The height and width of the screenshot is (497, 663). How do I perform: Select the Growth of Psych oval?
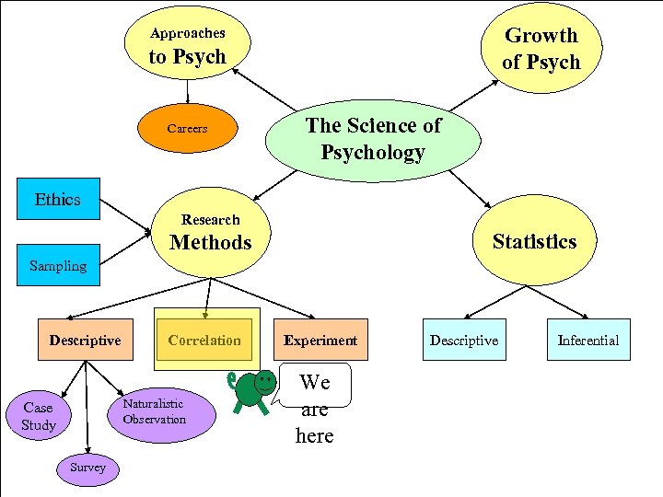pos(541,49)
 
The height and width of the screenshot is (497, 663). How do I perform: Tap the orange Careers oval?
pos(188,129)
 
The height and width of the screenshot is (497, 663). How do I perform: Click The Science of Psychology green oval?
pos(373,139)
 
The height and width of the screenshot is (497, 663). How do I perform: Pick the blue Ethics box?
pos(58,200)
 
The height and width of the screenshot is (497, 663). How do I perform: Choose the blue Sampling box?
pos(58,266)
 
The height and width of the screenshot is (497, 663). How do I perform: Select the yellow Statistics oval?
pos(534,242)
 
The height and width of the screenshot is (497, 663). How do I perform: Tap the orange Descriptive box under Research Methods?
pos(85,340)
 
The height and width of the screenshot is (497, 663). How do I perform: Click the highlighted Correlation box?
pos(204,340)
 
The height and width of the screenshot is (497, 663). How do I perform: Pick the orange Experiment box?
pos(320,340)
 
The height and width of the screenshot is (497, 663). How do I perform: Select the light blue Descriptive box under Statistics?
pos(463,340)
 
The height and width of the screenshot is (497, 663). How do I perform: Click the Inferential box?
pos(587,340)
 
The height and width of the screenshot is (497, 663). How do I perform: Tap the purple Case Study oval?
pos(39,416)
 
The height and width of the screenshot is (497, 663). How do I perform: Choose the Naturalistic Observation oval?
pos(155,411)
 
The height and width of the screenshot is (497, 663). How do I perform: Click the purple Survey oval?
pos(87,468)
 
